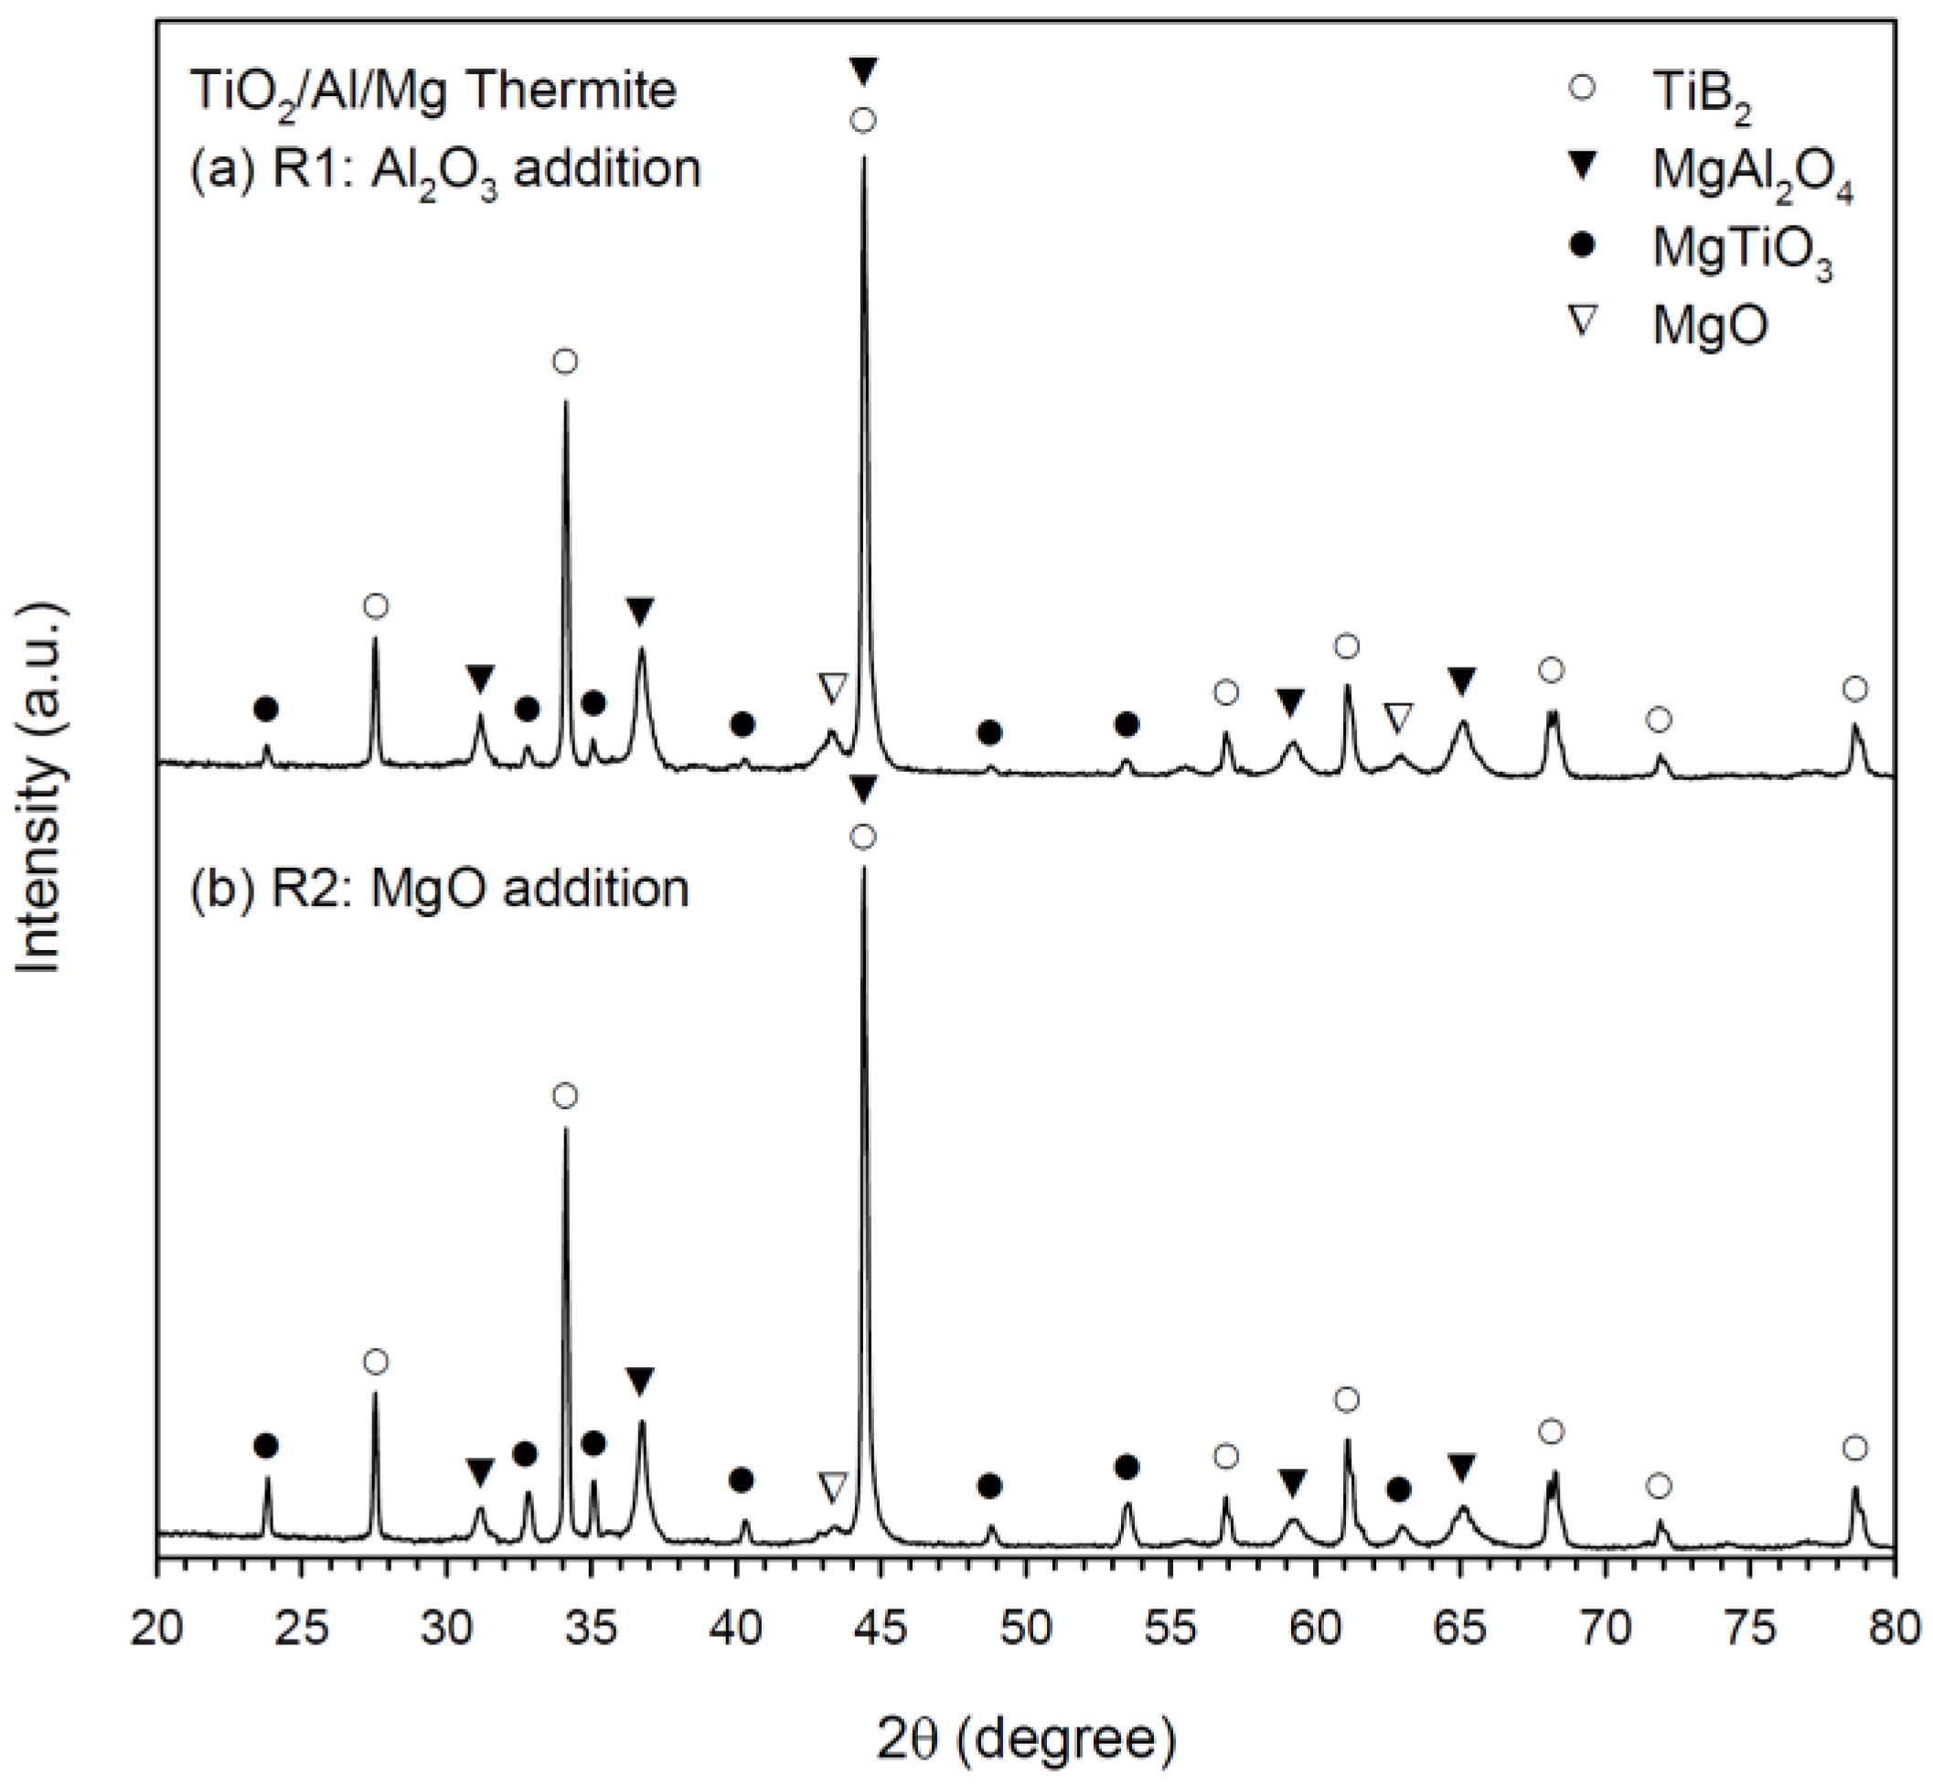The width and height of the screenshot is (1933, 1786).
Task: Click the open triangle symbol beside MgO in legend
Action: tap(1582, 322)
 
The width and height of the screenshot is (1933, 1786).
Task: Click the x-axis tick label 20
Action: tap(156, 1630)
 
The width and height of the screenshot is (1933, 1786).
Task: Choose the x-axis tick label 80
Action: tap(1893, 1630)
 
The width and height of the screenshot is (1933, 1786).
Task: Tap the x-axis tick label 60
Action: tap(1315, 1630)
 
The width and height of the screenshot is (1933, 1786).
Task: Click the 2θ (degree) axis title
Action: tap(1027, 1738)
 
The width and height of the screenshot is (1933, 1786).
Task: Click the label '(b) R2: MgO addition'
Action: tap(439, 887)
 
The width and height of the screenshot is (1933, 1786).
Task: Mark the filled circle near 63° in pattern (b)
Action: tap(1397, 1490)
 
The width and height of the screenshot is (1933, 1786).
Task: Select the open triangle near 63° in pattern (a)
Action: tap(1397, 717)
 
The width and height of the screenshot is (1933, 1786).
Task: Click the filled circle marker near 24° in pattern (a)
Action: tap(266, 710)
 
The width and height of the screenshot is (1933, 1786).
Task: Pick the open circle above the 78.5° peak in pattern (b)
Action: tap(1853, 1448)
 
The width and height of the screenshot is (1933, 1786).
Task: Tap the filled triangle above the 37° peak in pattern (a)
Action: tap(640, 611)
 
